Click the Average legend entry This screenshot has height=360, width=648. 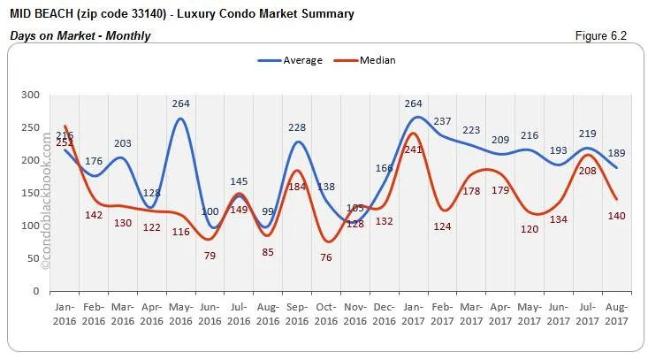pos(291,60)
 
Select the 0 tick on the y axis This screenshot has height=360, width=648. pos(35,291)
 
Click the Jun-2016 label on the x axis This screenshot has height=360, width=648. pos(209,313)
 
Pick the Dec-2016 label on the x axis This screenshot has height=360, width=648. pos(383,313)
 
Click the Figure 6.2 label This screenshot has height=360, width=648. pos(608,35)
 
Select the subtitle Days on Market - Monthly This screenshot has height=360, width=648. pos(80,35)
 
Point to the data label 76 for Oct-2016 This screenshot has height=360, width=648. pos(327,257)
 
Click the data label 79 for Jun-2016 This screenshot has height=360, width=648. pos(210,256)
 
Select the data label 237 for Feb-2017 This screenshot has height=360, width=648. pos(443,121)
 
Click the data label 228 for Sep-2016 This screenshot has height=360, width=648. pos(297,127)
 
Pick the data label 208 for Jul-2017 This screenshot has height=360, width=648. pos(587,170)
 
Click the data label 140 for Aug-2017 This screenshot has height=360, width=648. pos(616,216)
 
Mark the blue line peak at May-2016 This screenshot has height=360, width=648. pos(180,119)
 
